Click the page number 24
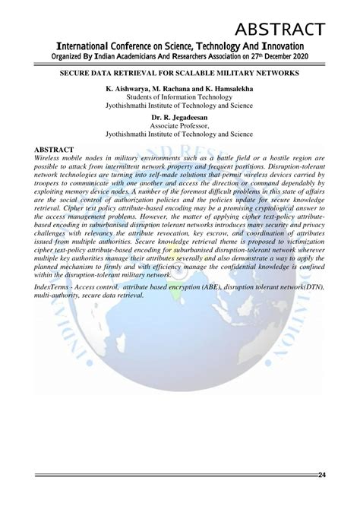tap(322, 476)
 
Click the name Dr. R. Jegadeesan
tap(179, 118)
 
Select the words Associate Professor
tap(179, 126)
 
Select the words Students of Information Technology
tap(179, 98)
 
